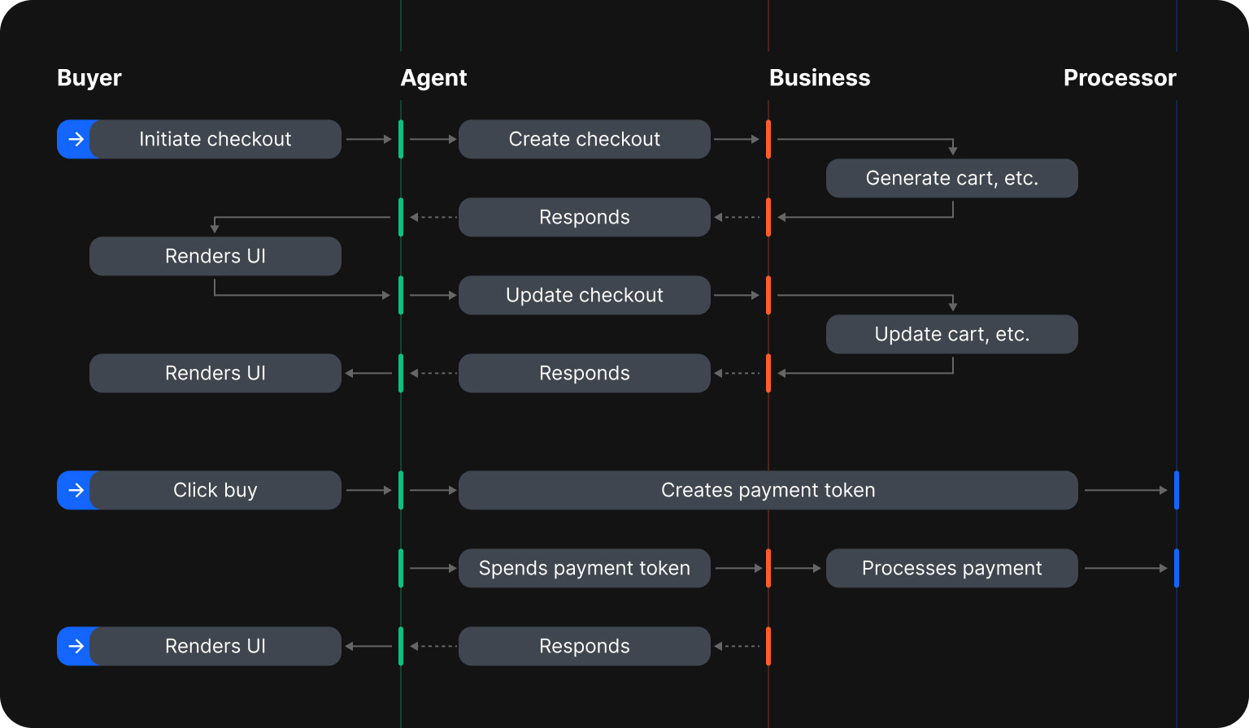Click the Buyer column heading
(89, 78)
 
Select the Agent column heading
(433, 78)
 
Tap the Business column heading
(820, 78)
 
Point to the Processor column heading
(1120, 78)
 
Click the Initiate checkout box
(215, 139)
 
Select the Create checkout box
(584, 139)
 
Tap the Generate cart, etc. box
(951, 178)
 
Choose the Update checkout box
(584, 295)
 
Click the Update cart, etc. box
(951, 334)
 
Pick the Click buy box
(215, 490)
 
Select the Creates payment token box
(768, 490)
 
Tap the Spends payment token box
(584, 568)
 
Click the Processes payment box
(951, 568)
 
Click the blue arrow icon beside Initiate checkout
(75, 139)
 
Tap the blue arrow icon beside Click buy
(75, 490)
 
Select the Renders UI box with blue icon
(215, 646)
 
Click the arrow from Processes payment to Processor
(1125, 568)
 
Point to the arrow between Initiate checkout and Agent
(369, 139)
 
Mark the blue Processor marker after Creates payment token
(1176, 490)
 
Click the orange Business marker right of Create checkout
(768, 139)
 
